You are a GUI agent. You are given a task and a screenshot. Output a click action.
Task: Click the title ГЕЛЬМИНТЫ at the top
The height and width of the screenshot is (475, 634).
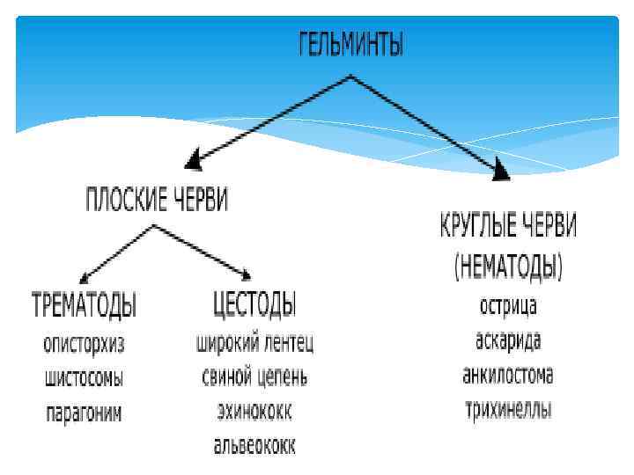click(350, 45)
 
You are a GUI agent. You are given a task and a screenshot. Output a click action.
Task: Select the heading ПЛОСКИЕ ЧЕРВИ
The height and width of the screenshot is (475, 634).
click(156, 201)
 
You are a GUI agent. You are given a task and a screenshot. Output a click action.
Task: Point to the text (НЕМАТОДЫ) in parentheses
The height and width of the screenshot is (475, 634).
click(508, 265)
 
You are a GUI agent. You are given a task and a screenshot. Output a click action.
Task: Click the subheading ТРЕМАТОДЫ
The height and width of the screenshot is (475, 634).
click(85, 305)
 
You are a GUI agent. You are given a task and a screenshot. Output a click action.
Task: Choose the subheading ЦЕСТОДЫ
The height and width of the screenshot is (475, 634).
click(254, 305)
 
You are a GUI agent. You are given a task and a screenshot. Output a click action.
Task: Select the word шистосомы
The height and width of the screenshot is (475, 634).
click(85, 379)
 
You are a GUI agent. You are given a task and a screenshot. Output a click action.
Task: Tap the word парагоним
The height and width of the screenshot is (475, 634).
click(85, 413)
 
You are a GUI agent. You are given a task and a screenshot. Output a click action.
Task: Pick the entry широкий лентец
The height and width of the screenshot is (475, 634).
click(254, 343)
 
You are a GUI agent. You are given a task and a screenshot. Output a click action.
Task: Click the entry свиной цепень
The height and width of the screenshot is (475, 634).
click(254, 377)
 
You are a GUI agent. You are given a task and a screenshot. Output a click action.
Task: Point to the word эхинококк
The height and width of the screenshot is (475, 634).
click(254, 412)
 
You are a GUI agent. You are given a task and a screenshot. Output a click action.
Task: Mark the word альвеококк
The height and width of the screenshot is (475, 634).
click(254, 446)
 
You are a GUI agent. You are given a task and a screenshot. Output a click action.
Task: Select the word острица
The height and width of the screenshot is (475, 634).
click(508, 307)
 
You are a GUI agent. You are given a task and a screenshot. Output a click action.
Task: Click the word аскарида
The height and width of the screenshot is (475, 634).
click(508, 341)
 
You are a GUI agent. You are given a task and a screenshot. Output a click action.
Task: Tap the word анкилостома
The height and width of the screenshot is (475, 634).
click(508, 376)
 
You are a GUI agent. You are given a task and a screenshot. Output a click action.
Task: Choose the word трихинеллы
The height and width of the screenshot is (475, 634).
click(508, 410)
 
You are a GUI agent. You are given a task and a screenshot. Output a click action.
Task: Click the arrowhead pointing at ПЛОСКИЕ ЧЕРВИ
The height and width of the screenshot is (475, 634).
click(194, 162)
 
